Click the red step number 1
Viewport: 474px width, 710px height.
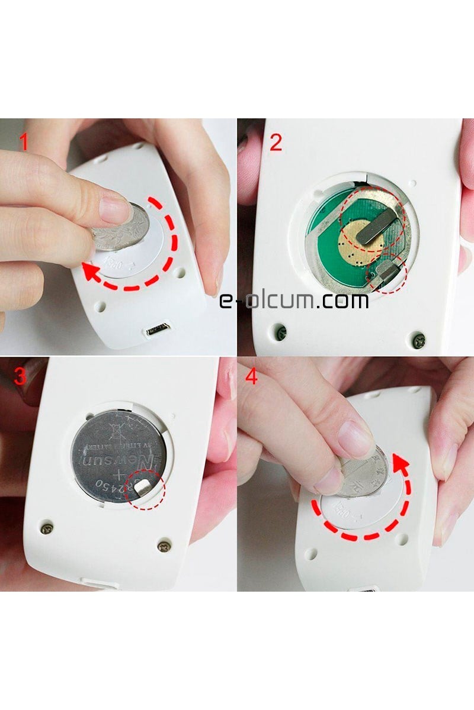24,143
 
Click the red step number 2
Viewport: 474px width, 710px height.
276,143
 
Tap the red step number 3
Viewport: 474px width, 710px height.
21,377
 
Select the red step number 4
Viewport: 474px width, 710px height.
251,377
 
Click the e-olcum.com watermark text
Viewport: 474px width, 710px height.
294,301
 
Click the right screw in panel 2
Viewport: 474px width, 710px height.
420,339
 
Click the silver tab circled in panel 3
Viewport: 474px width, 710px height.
144,486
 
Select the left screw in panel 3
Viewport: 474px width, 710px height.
48,525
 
